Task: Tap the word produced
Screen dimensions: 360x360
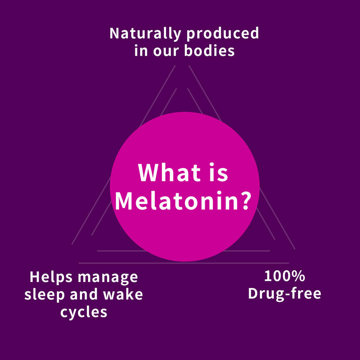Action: (x=222, y=34)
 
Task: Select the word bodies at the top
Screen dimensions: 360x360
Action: (x=209, y=51)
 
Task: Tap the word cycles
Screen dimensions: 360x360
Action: (x=84, y=312)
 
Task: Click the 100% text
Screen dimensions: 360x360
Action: (x=284, y=277)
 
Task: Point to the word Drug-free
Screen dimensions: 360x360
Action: (x=285, y=294)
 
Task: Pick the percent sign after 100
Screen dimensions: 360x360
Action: (x=298, y=277)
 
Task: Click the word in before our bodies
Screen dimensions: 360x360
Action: (x=141, y=51)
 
